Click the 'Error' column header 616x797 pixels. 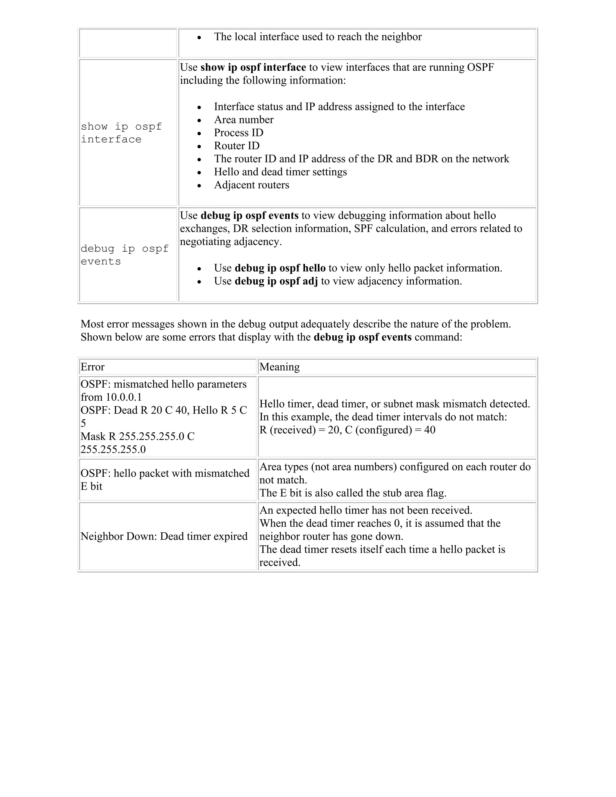(93, 367)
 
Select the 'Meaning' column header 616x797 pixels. (279, 367)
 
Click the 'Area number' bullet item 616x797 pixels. (243, 120)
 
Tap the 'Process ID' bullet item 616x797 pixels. (238, 133)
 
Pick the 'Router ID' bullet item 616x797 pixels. (236, 146)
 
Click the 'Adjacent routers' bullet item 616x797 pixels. (251, 185)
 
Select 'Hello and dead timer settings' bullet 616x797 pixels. (280, 172)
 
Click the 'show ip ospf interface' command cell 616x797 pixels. (121, 133)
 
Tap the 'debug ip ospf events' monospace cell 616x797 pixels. (124, 255)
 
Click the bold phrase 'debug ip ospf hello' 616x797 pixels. (280, 268)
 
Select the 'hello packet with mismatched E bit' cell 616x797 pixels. (165, 479)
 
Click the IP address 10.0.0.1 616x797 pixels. (123, 397)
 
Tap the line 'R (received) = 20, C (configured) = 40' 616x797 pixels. (347, 430)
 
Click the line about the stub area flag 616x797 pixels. (353, 493)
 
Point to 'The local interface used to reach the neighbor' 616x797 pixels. (318, 37)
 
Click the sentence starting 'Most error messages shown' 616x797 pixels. (295, 324)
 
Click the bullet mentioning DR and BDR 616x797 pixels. (361, 159)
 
